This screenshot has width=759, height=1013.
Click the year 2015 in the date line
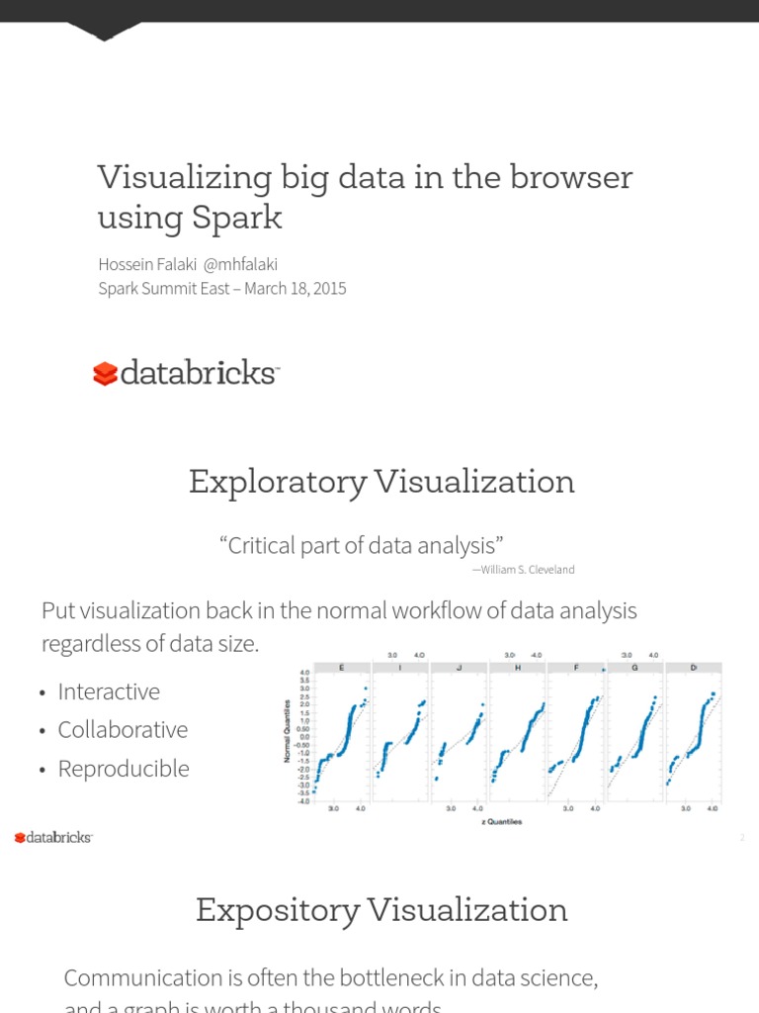325,289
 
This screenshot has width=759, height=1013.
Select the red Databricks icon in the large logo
105,373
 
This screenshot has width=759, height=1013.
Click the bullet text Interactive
109,691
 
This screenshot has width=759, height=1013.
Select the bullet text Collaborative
123,730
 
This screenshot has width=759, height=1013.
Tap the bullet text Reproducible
124,769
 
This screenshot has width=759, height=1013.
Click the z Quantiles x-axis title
502,822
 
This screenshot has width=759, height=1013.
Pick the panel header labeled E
342,668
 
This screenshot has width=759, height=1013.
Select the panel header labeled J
460,668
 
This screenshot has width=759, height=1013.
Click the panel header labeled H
518,668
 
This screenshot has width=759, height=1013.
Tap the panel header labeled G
634,668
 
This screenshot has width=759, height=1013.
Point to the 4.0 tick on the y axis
304,674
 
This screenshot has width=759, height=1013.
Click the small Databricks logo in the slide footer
53,838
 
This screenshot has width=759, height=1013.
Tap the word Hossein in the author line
123,264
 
